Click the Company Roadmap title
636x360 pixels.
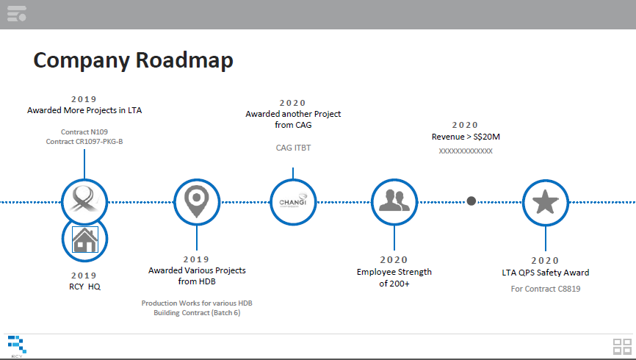pyautogui.click(x=133, y=61)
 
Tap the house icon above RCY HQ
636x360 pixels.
pyautogui.click(x=84, y=240)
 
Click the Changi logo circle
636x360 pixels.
pyautogui.click(x=293, y=202)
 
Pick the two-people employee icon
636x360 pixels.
pyautogui.click(x=394, y=201)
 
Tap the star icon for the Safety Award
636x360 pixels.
pyautogui.click(x=545, y=202)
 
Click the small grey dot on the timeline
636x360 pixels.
pyautogui.click(x=471, y=201)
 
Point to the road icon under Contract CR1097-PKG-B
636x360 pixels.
pyautogui.click(x=84, y=199)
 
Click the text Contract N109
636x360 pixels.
pyautogui.click(x=84, y=132)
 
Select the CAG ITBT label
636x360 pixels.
pyautogui.click(x=293, y=148)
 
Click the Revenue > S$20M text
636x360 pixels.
pyautogui.click(x=466, y=137)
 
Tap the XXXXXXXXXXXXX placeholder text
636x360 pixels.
pyautogui.click(x=466, y=151)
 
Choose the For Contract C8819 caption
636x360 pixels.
pyautogui.click(x=546, y=289)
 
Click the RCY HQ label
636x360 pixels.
pyautogui.click(x=84, y=287)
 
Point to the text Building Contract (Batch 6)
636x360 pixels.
pyautogui.click(x=197, y=313)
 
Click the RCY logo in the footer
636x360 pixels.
pyautogui.click(x=17, y=346)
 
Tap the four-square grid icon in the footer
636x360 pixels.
pyautogui.click(x=622, y=347)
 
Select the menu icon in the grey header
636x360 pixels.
pyautogui.click(x=17, y=13)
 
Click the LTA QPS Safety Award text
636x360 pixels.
pyautogui.click(x=546, y=273)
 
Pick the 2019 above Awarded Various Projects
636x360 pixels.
pyautogui.click(x=196, y=259)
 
